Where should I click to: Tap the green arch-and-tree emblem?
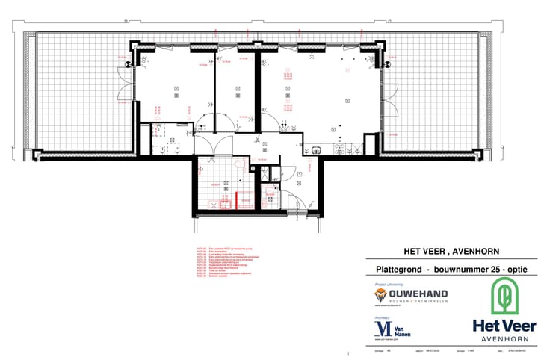click(504, 297)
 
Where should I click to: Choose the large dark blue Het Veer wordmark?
click(504, 326)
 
